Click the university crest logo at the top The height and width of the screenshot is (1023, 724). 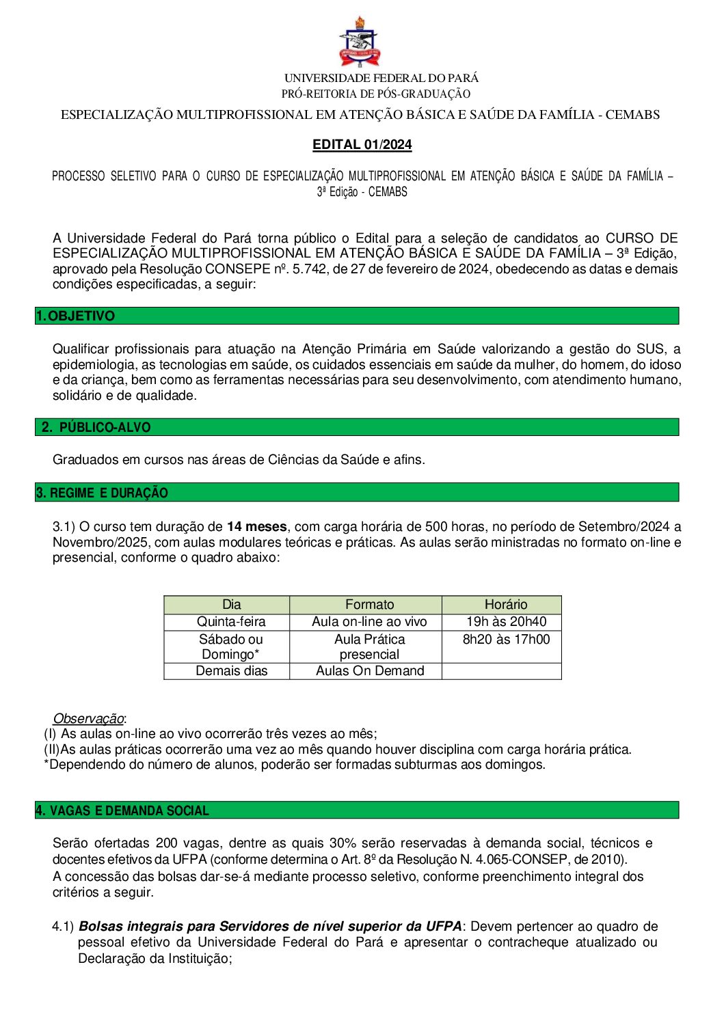coord(360,42)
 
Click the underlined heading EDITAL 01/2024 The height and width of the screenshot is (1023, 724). coord(362,144)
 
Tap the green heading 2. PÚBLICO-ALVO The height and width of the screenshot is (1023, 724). coord(96,427)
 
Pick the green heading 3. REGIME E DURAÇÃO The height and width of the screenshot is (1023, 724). coord(102,493)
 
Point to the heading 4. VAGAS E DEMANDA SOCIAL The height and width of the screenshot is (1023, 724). coord(122,810)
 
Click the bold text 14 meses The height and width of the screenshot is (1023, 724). coord(256,526)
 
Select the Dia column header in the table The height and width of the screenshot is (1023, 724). coord(231,604)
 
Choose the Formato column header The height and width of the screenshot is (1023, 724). coord(369,604)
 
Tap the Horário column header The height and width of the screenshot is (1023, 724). coord(505,604)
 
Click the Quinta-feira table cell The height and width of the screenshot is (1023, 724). coord(231,622)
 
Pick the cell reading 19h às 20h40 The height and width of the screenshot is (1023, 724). coord(506,622)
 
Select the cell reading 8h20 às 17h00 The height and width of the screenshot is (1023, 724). coord(506,640)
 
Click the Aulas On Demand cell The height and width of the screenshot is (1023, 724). coord(370,671)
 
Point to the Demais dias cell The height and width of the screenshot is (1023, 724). coord(231,671)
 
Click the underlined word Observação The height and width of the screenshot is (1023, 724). coord(89,718)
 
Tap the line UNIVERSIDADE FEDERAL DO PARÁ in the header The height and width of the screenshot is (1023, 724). coord(381,78)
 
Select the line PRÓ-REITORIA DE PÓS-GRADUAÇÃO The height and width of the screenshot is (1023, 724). coord(376,94)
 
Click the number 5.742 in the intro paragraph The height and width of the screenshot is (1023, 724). coord(310,269)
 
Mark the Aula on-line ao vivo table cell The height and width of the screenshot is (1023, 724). coord(369,622)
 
